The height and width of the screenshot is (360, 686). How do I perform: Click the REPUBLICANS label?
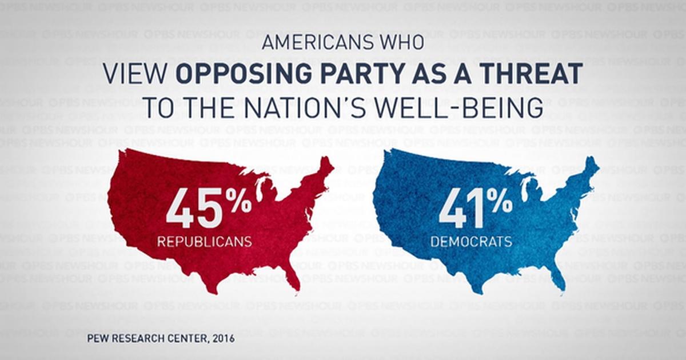pyautogui.click(x=205, y=242)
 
